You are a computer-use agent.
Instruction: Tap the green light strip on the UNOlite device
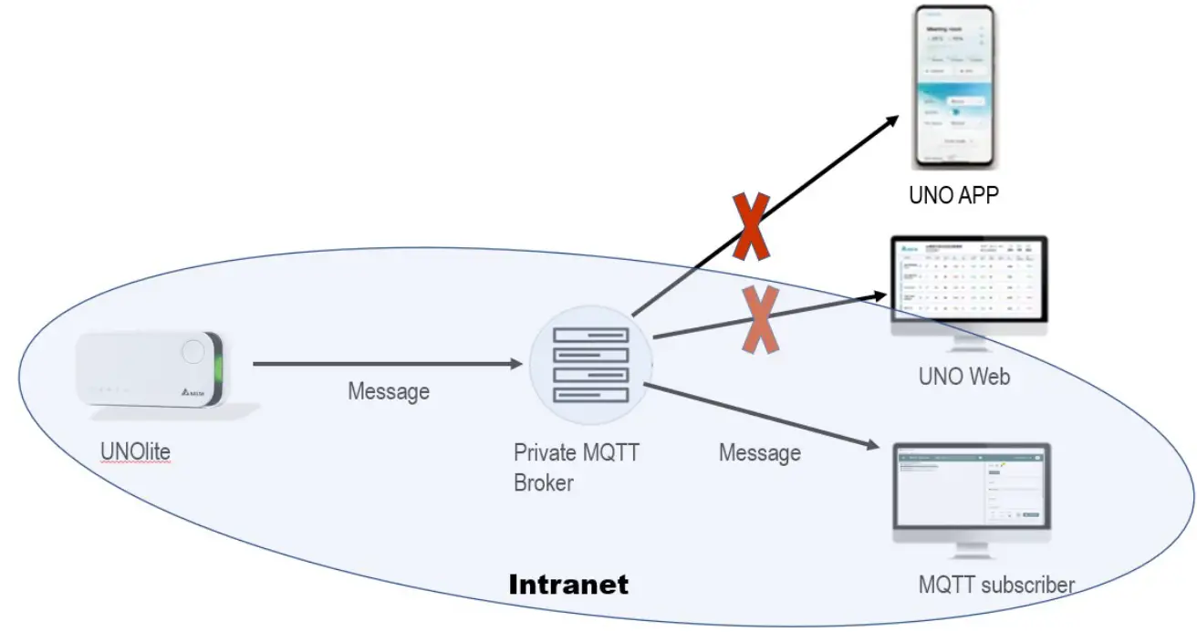point(218,370)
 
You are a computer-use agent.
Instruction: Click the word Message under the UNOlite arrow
point(388,392)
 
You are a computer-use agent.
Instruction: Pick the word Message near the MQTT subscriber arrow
point(759,452)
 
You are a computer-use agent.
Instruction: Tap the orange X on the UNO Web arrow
point(759,319)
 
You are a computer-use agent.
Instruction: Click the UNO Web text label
point(963,376)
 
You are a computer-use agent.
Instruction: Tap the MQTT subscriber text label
point(996,584)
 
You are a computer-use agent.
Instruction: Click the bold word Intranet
point(568,584)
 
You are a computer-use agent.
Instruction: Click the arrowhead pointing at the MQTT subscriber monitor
point(876,447)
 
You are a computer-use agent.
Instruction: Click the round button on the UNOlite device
point(193,351)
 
